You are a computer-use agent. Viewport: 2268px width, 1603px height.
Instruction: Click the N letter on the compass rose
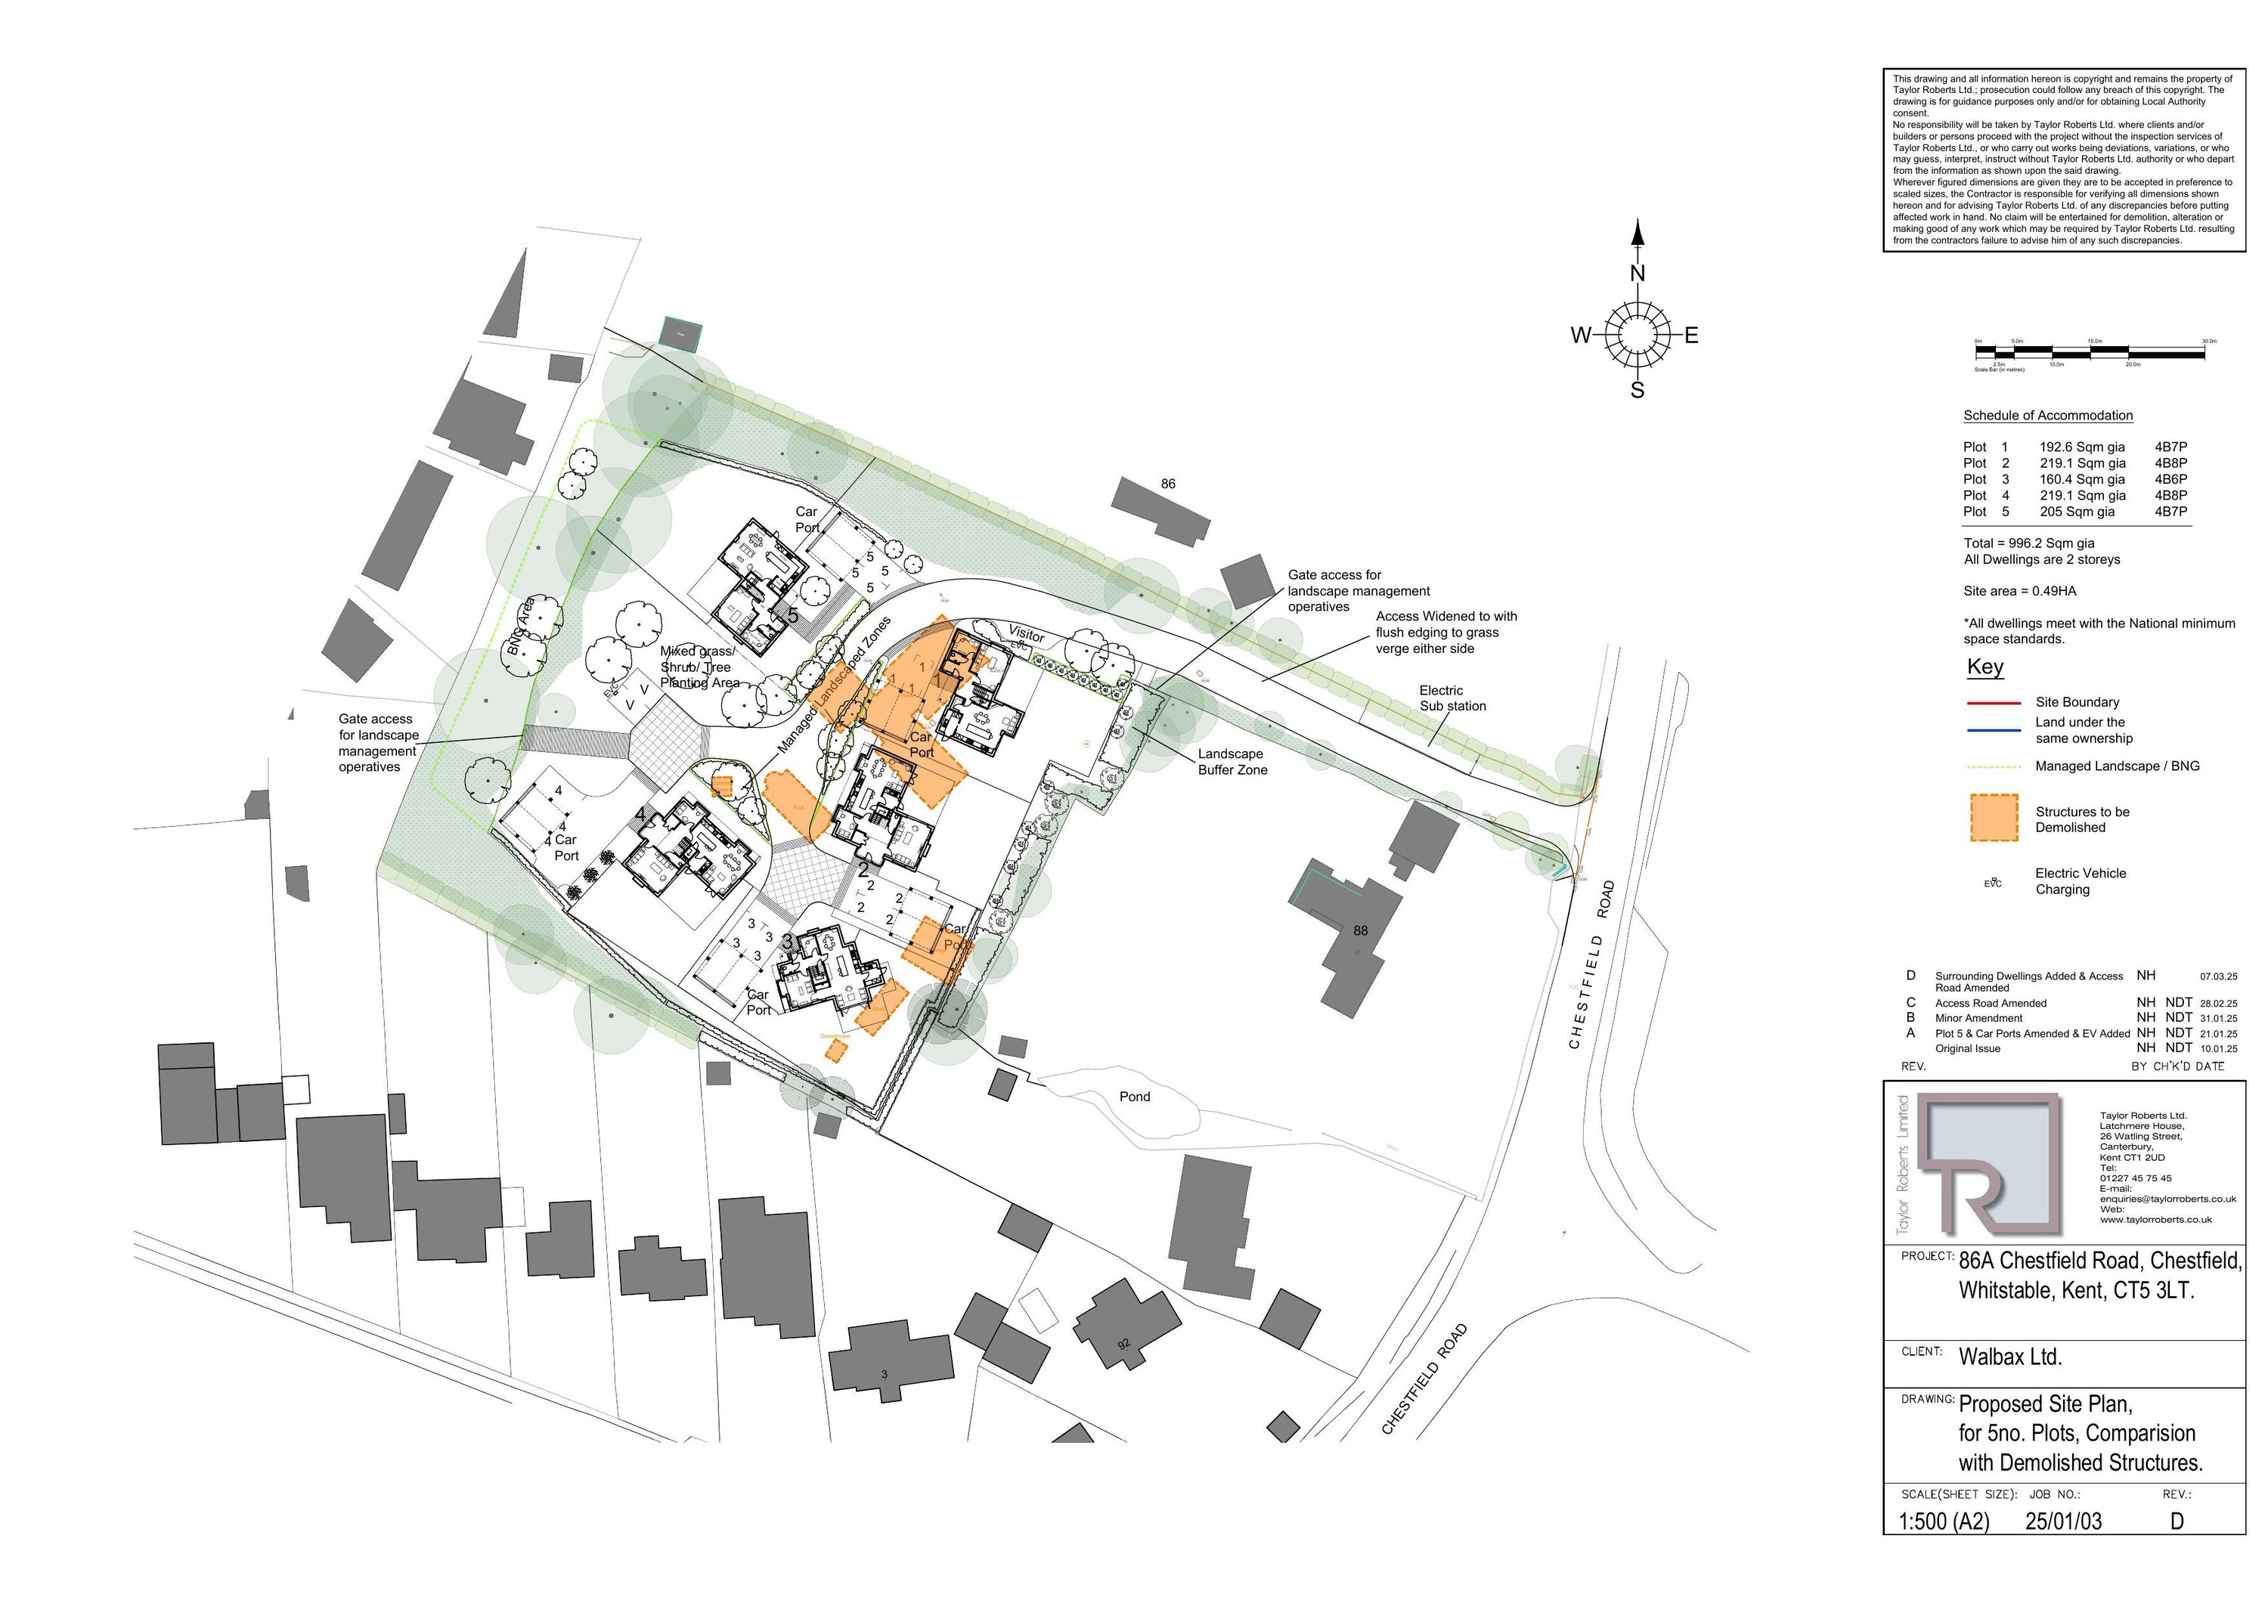[1637, 274]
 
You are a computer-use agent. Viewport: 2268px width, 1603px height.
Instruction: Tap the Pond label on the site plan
[1134, 1097]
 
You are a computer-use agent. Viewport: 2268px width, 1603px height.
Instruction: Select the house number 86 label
[1167, 484]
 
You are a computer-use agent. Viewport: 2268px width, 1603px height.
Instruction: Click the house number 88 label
[1360, 930]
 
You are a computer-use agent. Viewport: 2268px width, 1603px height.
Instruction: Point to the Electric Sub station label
[1452, 698]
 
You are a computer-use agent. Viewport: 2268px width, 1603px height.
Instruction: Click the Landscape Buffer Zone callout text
[1232, 762]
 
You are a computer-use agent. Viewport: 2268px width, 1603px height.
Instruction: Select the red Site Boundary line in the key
[1994, 703]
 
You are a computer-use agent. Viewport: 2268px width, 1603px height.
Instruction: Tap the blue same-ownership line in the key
[1994, 731]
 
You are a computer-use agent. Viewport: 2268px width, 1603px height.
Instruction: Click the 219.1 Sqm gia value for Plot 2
[2082, 463]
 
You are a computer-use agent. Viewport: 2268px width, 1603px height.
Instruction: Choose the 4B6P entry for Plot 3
[2170, 479]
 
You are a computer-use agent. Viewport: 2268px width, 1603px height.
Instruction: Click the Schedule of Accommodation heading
[2048, 416]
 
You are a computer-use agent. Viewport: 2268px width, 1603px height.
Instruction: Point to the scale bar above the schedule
[2095, 351]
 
